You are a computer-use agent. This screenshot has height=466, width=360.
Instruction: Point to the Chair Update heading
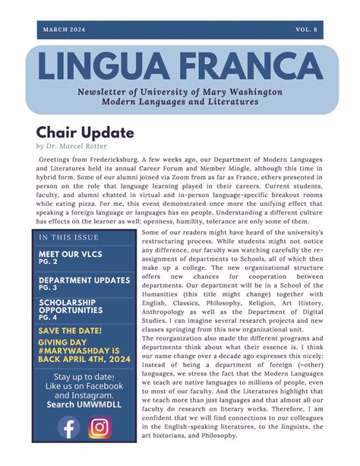pos(85,132)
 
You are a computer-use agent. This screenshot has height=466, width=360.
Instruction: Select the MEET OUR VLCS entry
pos(70,253)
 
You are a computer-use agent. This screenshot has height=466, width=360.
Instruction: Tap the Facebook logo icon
pos(68,428)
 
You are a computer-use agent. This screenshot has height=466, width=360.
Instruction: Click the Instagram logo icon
pos(100,428)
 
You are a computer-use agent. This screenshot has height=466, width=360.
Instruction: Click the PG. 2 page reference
pos(49,262)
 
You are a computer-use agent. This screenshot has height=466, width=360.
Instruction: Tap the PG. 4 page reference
pos(49,319)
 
